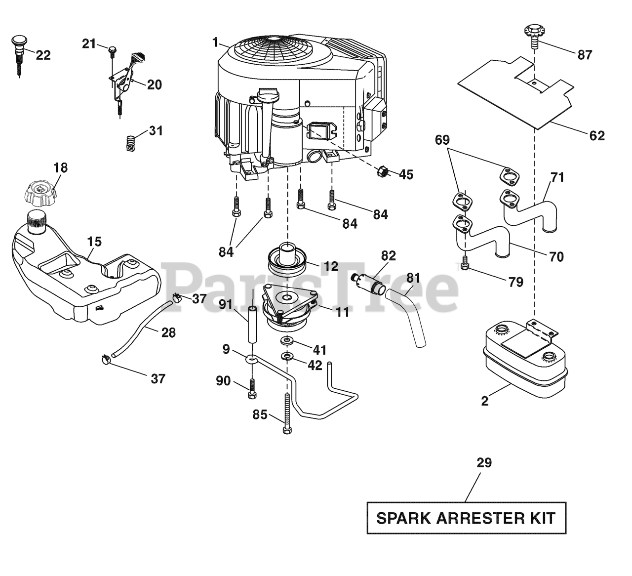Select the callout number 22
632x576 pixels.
click(43, 55)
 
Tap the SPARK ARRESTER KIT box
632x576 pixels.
click(466, 518)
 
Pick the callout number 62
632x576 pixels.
click(596, 135)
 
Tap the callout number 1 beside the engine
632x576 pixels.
click(215, 43)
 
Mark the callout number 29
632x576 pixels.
click(484, 462)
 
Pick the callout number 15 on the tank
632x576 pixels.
click(94, 242)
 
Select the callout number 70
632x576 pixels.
click(556, 257)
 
